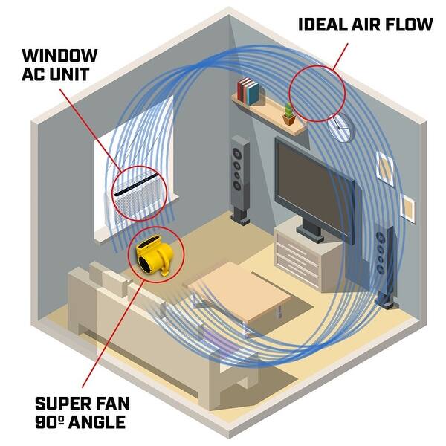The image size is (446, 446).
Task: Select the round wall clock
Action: coord(340,127)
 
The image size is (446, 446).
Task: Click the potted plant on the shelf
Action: coord(288,114)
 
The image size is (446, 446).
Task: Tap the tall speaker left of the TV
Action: coord(240,178)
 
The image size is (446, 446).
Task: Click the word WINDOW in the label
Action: coord(59,56)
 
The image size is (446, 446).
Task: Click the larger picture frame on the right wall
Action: coord(385,168)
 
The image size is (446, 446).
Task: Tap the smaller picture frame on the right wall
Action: coord(408,205)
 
